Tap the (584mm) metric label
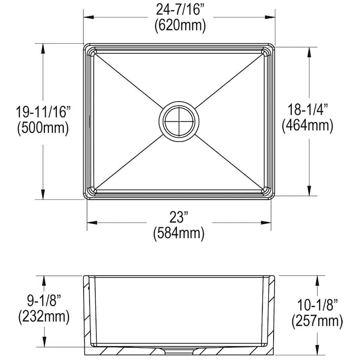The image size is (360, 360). coord(178,233)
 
